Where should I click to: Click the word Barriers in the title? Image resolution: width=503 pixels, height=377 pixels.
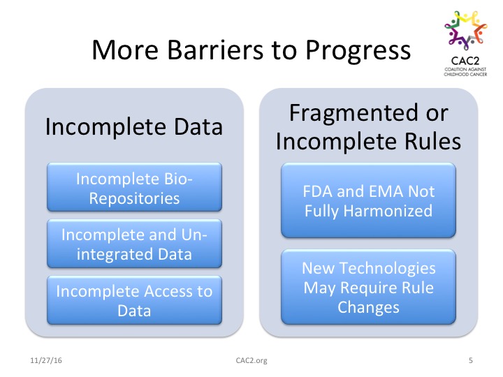[x=217, y=50]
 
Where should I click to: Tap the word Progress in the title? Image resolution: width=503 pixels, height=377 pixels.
[x=358, y=51]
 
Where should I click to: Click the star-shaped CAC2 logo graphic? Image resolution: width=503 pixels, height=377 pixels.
[x=466, y=30]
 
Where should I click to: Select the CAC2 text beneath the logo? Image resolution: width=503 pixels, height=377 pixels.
[x=465, y=61]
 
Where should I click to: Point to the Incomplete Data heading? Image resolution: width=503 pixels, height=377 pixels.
[x=134, y=127]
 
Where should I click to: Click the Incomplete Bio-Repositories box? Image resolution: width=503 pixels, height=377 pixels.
[x=134, y=187]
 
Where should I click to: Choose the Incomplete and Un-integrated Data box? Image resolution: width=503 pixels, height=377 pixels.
[x=134, y=244]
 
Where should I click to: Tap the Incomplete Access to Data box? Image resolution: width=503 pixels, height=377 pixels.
[x=134, y=300]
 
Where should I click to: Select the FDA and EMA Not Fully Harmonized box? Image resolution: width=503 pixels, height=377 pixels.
[x=369, y=200]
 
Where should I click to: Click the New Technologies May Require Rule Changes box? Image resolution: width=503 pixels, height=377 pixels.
[x=369, y=287]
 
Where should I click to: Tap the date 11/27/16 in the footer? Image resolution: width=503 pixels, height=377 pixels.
[x=46, y=360]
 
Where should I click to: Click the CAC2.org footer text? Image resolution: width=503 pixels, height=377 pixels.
[x=251, y=361]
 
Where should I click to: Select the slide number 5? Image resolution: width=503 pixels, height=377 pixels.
[x=471, y=360]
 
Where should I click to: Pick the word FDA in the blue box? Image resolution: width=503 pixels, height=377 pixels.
[x=317, y=191]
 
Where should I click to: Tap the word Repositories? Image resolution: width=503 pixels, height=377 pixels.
[x=134, y=199]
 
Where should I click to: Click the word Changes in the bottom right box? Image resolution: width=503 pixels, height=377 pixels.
[x=369, y=307]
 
